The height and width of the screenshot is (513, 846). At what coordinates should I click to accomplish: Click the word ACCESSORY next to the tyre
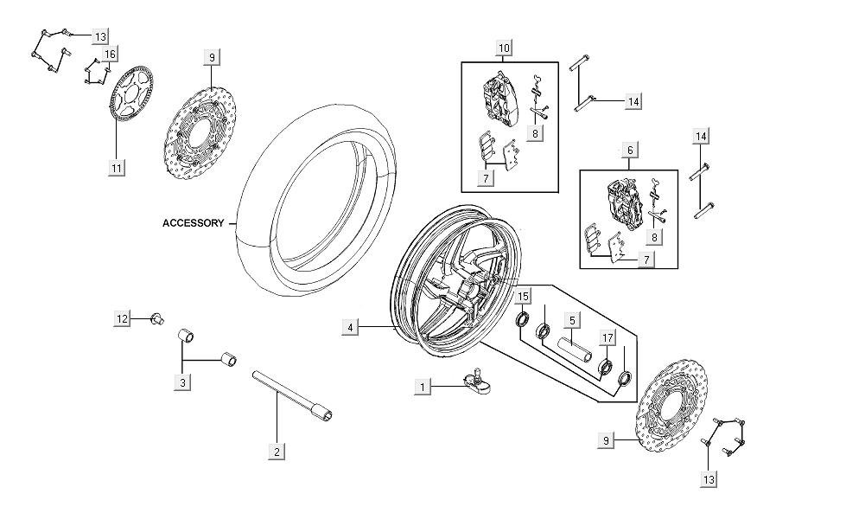[193, 223]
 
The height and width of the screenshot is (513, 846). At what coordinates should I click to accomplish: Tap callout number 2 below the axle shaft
[277, 452]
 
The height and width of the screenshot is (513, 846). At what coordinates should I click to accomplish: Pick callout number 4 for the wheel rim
[349, 327]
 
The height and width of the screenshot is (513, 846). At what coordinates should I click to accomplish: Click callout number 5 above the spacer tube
[572, 320]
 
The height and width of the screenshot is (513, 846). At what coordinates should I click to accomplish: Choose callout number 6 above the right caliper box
[630, 150]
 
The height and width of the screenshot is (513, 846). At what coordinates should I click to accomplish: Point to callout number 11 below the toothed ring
[116, 167]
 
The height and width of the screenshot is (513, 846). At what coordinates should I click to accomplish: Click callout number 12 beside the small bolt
[123, 319]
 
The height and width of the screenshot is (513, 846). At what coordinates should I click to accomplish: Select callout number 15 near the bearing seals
[524, 298]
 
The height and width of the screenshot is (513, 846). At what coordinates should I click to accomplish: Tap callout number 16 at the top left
[110, 55]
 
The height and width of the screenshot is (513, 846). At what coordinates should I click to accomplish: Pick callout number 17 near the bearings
[608, 338]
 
